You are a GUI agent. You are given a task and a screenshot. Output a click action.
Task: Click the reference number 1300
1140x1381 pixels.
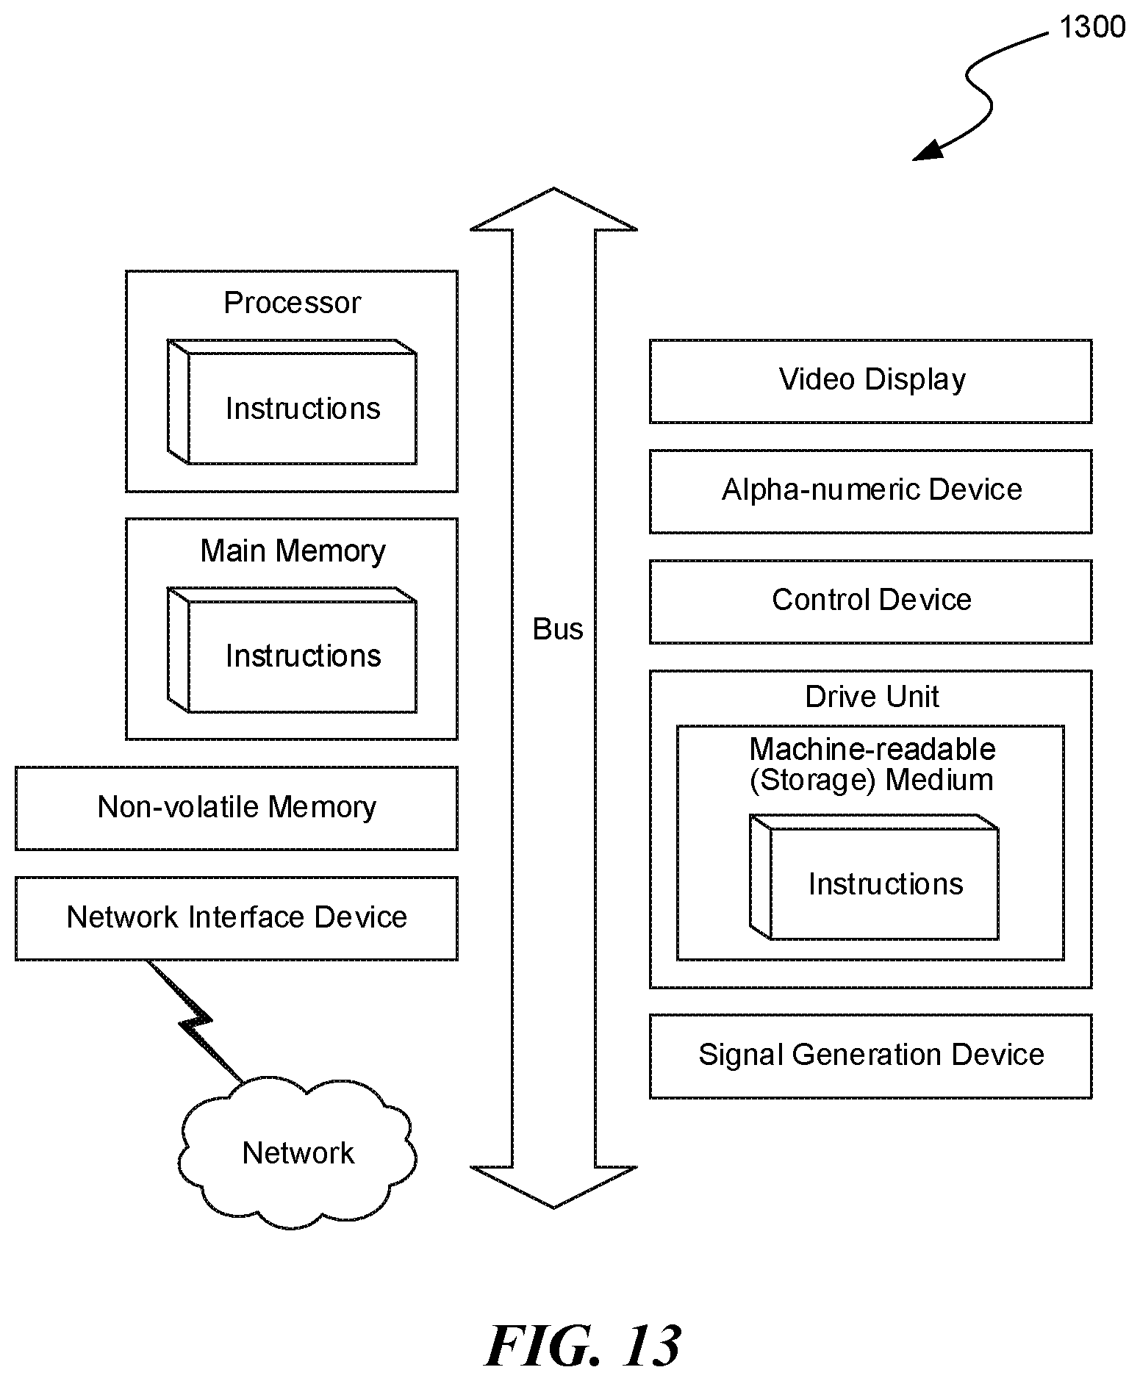point(1091,27)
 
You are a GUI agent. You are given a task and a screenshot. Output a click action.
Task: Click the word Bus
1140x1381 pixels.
point(558,629)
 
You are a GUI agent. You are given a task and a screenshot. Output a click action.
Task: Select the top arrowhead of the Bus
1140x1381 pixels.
point(553,209)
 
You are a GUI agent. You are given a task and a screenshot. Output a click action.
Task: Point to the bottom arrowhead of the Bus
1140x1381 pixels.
point(553,1186)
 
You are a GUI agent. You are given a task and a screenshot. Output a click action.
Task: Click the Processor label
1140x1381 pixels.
point(293,303)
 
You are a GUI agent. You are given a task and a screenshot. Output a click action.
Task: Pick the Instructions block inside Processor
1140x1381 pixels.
point(293,401)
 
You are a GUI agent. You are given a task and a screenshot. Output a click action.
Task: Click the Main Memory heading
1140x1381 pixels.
point(293,551)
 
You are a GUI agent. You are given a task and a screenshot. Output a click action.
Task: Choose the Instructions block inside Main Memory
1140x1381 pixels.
point(293,650)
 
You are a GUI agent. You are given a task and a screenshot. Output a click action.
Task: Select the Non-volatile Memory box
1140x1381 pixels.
point(237,808)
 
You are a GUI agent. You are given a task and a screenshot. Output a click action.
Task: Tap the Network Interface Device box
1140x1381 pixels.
point(237,918)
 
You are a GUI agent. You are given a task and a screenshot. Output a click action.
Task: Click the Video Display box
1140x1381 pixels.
point(871,381)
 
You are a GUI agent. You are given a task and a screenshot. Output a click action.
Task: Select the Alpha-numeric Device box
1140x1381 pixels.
point(871,492)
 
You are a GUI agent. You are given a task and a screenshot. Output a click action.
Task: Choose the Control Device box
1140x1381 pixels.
point(871,602)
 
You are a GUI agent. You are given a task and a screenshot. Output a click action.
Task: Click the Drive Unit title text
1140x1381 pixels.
point(872,697)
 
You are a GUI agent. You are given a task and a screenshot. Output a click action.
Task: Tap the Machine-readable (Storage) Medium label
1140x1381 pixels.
point(872,764)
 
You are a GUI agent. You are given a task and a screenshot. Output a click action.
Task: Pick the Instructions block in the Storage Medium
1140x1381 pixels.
point(874,877)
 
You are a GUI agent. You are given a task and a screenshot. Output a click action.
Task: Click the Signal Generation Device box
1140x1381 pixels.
point(871,1056)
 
